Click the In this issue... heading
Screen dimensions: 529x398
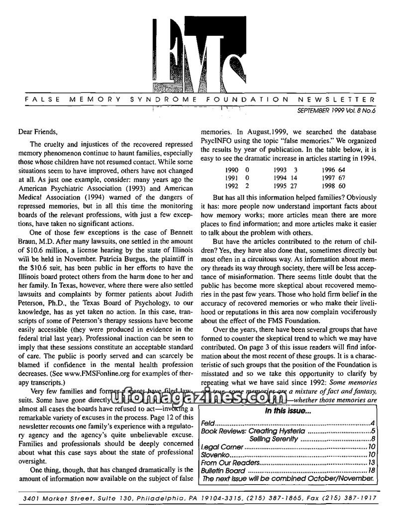[x=288, y=411]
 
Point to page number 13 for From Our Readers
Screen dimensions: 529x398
[x=371, y=463]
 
